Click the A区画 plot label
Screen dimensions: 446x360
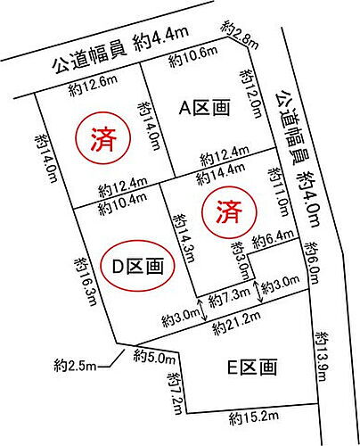coord(205,108)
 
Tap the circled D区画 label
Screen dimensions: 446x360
coord(136,265)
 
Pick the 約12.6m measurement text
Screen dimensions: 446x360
coord(93,87)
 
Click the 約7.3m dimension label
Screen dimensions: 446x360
coord(228,295)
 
